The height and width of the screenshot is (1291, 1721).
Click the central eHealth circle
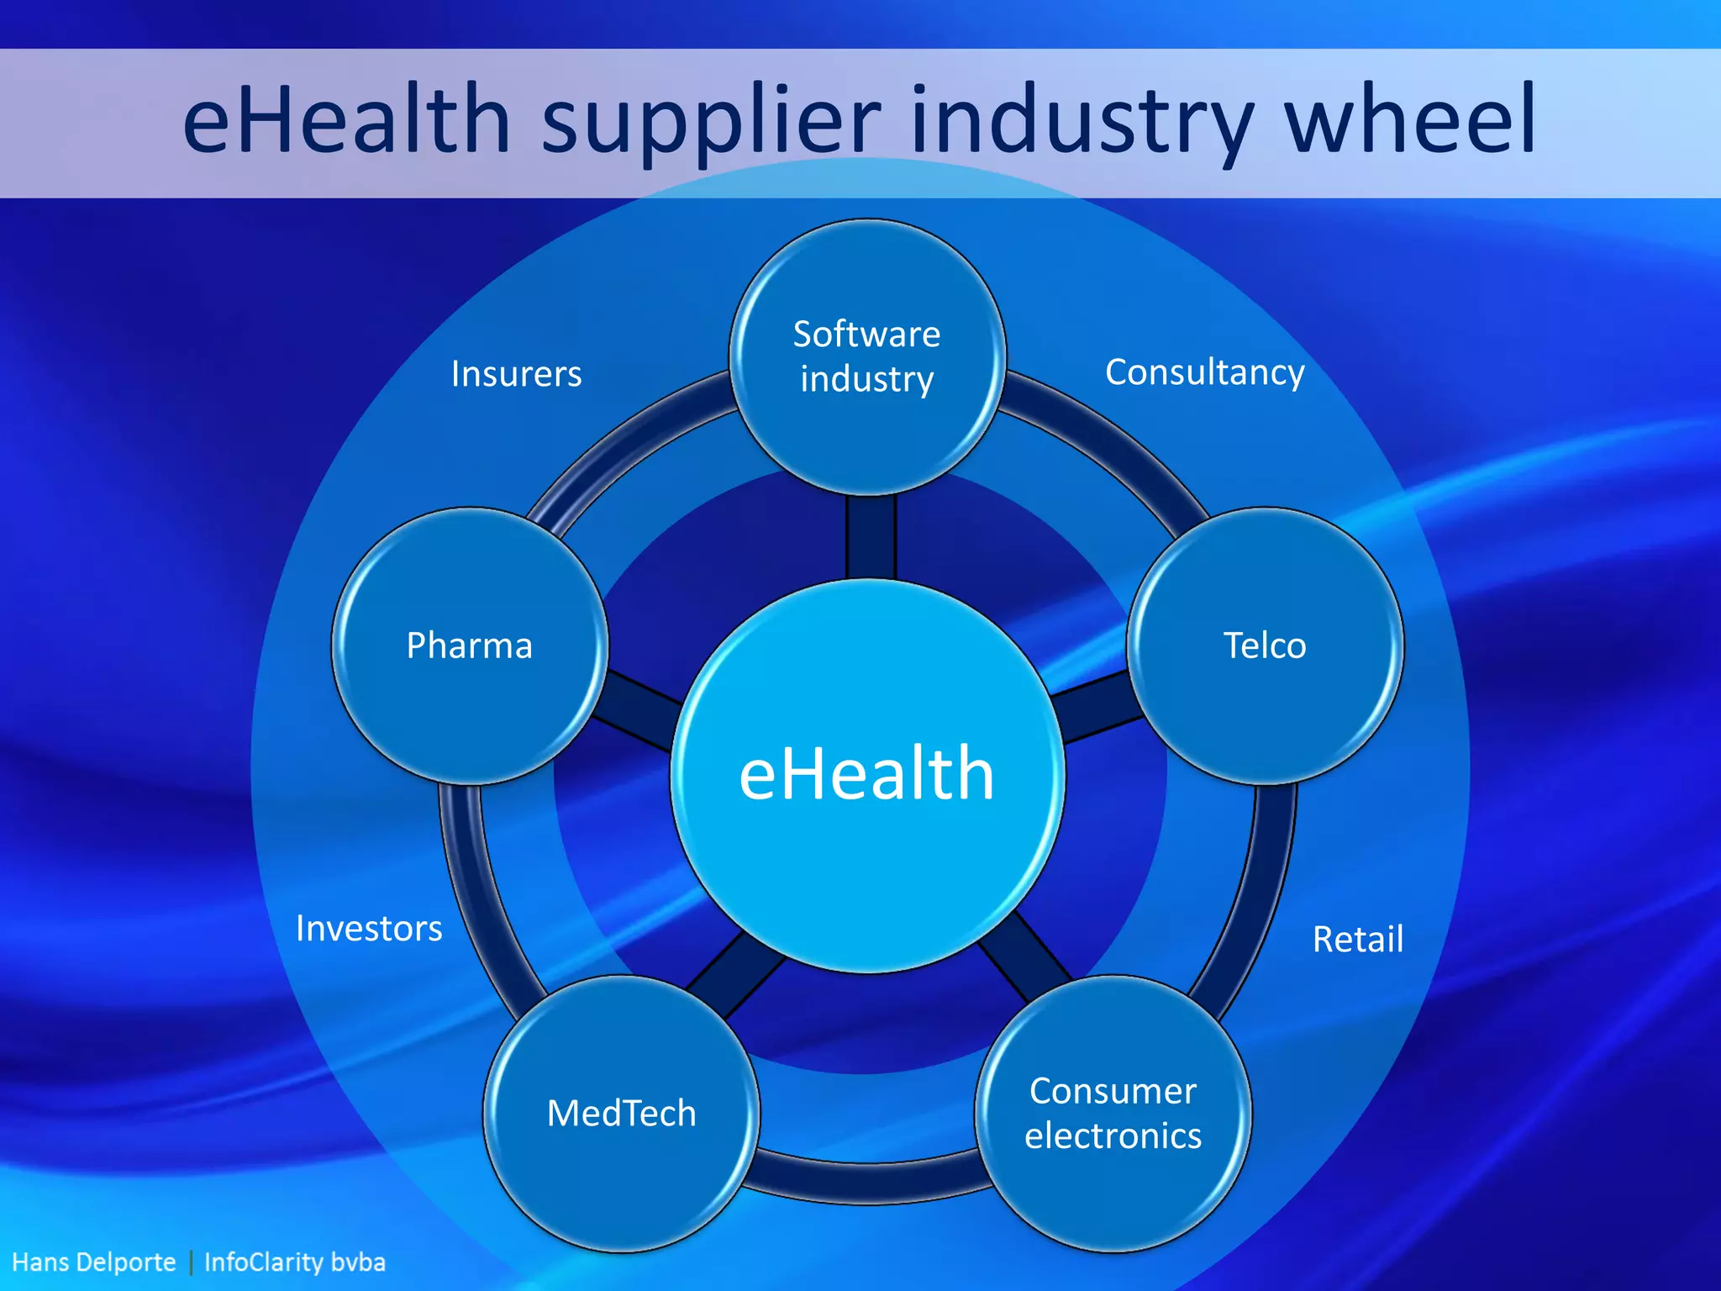coord(867,775)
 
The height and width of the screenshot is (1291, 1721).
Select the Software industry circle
coord(867,356)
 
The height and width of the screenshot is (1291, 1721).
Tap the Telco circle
coord(1265,645)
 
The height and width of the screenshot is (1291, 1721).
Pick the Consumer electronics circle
coord(1113,1114)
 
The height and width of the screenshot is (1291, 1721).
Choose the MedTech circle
coord(621,1114)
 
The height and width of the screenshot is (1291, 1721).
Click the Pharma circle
coord(470,645)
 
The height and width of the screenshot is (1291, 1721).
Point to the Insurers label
coord(516,374)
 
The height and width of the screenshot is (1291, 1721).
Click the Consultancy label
coord(1204,372)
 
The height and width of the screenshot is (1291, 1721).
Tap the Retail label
coord(1357,939)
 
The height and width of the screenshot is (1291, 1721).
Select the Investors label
coord(369,929)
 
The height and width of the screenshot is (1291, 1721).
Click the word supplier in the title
coord(712,122)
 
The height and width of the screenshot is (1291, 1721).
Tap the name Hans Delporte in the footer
coord(94,1262)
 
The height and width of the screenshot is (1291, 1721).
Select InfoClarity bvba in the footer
coord(294,1262)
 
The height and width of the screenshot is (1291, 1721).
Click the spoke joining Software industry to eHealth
coord(871,536)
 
